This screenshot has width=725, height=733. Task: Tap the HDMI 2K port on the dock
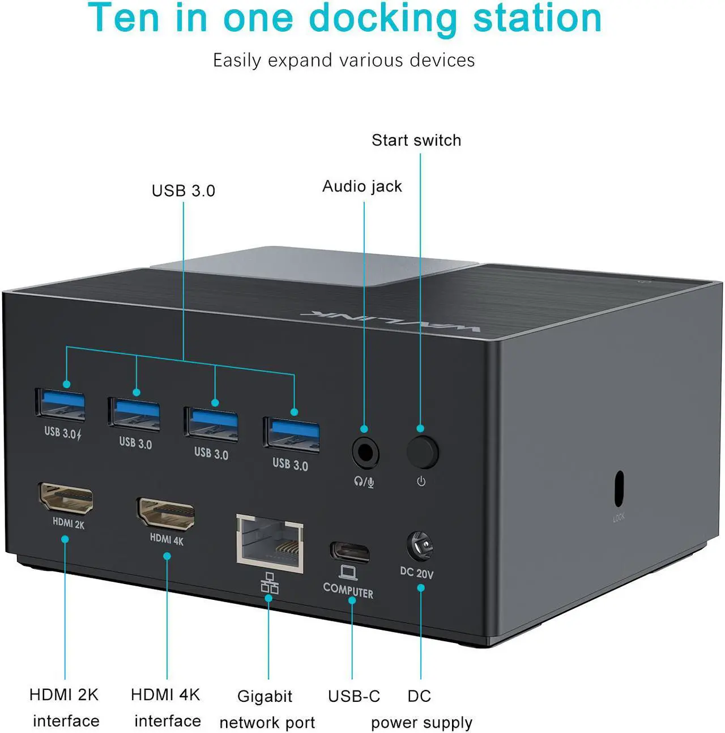point(66,498)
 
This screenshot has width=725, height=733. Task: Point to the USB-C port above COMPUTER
point(349,552)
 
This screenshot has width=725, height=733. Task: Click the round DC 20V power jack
point(420,547)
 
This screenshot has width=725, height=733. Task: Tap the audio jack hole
point(365,453)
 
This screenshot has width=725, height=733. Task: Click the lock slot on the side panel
point(619,488)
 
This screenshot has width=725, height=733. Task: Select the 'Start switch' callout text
point(416,140)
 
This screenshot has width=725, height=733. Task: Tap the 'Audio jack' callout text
point(362,186)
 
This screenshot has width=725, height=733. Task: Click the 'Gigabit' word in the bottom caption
point(265,696)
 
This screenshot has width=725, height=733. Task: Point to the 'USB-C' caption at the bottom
point(354,696)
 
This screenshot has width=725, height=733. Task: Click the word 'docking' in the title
point(390,18)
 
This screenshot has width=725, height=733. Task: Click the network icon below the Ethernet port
point(270,583)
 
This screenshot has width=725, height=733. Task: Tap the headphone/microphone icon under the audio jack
point(364,482)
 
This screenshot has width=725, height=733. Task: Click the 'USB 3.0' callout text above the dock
point(183,191)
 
